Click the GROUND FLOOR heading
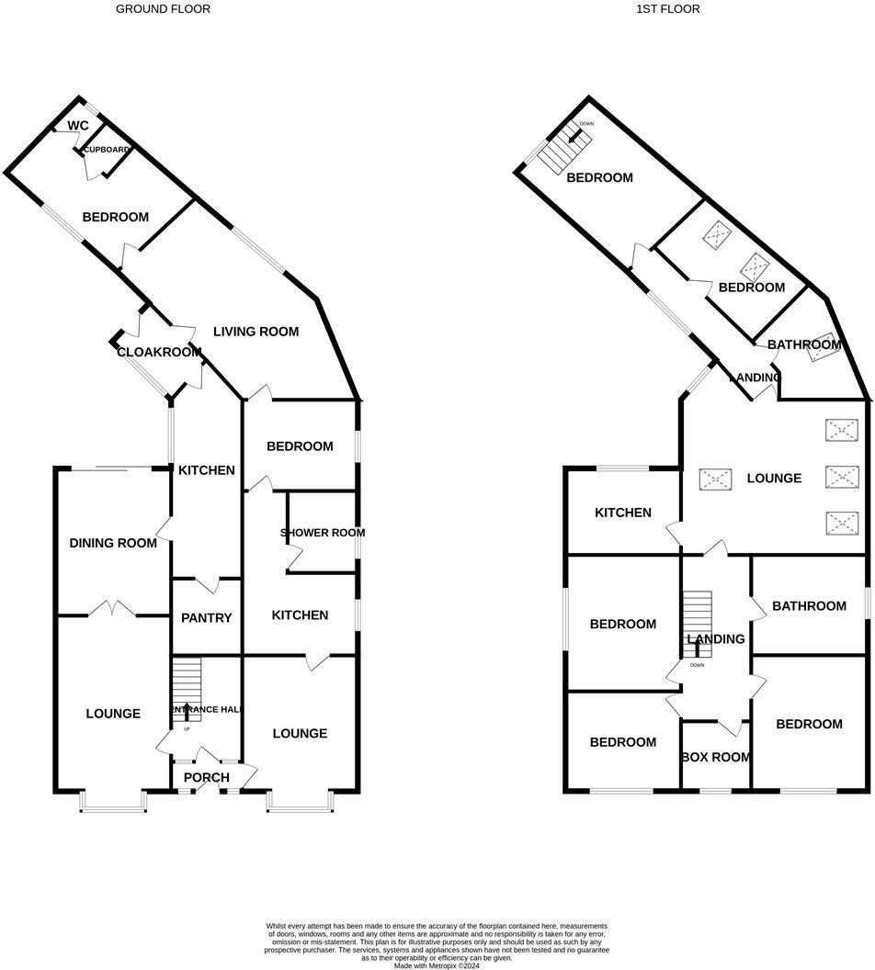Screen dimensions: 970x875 pos(163,9)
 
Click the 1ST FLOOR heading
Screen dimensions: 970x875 pos(667,9)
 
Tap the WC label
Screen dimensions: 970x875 pos(78,126)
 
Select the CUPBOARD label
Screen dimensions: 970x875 pos(107,150)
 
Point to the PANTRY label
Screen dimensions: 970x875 pos(207,618)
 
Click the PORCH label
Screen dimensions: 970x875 pos(207,778)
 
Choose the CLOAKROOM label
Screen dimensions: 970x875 pos(159,352)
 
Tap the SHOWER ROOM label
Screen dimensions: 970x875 pos(323,533)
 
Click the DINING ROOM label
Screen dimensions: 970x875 pos(113,543)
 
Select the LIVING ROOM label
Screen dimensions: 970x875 pos(256,332)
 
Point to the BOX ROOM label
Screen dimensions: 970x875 pos(715,758)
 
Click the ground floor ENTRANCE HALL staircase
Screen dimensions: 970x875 pos(187,689)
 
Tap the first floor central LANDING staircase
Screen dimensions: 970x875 pos(697,625)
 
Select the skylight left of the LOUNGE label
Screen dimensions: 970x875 pos(717,479)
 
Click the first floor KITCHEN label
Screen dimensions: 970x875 pos(622,513)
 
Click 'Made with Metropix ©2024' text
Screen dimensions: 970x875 pos(437,965)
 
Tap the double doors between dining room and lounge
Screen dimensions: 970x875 pos(113,608)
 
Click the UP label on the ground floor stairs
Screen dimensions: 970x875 pos(187,729)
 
